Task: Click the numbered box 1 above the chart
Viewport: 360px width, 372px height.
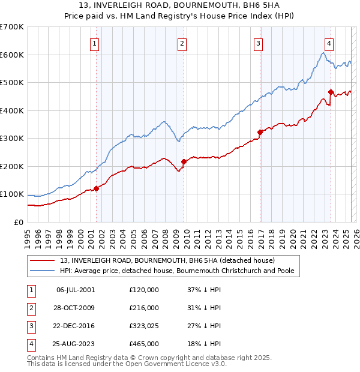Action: (x=95, y=43)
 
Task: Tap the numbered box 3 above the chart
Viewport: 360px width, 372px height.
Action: (x=257, y=43)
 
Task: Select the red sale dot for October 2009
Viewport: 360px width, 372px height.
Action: (x=184, y=161)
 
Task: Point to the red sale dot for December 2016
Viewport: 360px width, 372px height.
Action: (x=260, y=132)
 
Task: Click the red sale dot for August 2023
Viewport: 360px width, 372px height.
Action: (x=331, y=92)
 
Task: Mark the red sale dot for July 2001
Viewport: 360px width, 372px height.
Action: (x=96, y=188)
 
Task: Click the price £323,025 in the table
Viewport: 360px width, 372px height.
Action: (x=144, y=326)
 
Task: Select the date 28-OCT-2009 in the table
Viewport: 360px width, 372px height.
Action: (x=76, y=308)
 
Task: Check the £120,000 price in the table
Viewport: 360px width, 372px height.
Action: (x=144, y=290)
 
